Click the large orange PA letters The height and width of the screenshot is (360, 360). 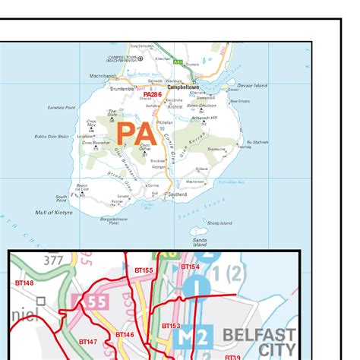[137, 134]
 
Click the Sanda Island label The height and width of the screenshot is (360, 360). [200, 242]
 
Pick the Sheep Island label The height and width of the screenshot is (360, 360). [219, 223]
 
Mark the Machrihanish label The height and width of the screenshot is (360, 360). [104, 76]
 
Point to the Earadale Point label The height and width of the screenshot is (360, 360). [61, 108]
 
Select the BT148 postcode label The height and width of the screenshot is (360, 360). [25, 283]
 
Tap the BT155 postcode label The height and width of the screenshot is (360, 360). [144, 270]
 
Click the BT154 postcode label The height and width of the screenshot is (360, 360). [190, 267]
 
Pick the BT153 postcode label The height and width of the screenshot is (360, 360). [170, 326]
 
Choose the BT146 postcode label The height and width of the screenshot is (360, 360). [125, 334]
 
